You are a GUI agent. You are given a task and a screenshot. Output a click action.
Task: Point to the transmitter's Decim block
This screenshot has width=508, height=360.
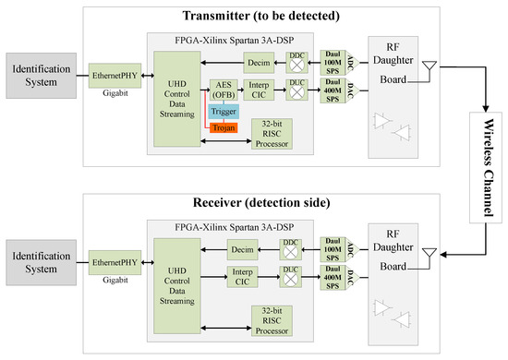[x=256, y=63]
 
